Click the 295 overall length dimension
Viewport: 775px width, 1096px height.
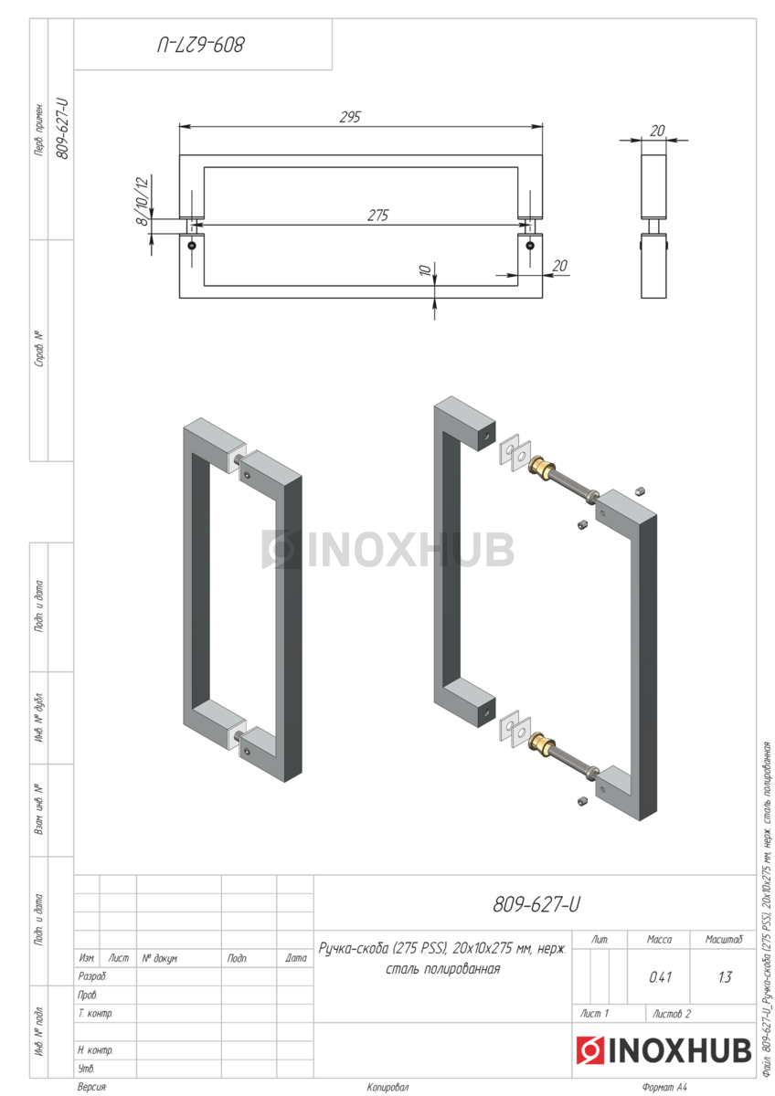coord(350,117)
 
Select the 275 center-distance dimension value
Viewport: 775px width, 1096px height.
coord(378,216)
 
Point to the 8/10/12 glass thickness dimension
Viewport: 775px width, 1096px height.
coord(141,201)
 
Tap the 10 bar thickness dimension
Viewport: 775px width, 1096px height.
coord(425,269)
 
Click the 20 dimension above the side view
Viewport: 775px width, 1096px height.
coord(657,131)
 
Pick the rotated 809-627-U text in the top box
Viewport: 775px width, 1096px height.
coord(200,45)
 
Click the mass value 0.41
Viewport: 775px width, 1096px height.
coord(660,977)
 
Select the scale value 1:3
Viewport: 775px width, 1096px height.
coord(725,977)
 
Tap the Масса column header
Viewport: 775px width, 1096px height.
coord(659,940)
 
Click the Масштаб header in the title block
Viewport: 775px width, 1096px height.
coord(724,940)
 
